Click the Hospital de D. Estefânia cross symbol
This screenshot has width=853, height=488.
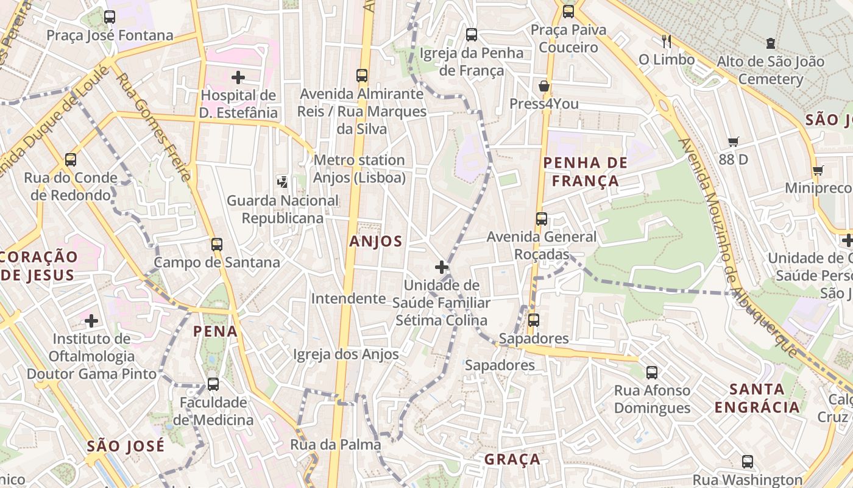coord(238,77)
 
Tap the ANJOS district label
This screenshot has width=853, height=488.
coord(376,242)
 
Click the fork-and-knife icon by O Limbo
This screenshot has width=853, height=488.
coord(667,41)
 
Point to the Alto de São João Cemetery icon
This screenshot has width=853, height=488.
coord(771,43)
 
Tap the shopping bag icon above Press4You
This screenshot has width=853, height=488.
coord(544,86)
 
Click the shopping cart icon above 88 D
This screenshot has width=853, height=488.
coord(734,142)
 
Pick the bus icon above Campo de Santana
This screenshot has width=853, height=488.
coord(217,245)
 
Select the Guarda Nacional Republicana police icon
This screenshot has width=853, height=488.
coord(282,181)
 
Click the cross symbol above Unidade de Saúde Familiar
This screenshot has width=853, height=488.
coord(442,267)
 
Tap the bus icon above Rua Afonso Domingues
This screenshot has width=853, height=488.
coord(652,372)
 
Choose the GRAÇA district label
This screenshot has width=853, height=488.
coord(512,459)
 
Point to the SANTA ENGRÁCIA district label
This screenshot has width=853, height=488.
coord(757,398)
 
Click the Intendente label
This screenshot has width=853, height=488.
coord(349,298)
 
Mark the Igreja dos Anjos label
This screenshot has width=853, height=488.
coord(346,354)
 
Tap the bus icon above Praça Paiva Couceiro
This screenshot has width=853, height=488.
coord(568,11)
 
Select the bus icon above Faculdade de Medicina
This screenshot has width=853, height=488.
coord(213,384)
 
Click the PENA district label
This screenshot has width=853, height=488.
coord(215,331)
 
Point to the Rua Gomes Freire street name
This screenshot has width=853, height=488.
coord(153,127)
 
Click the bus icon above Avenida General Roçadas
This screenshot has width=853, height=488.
coord(542,219)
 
